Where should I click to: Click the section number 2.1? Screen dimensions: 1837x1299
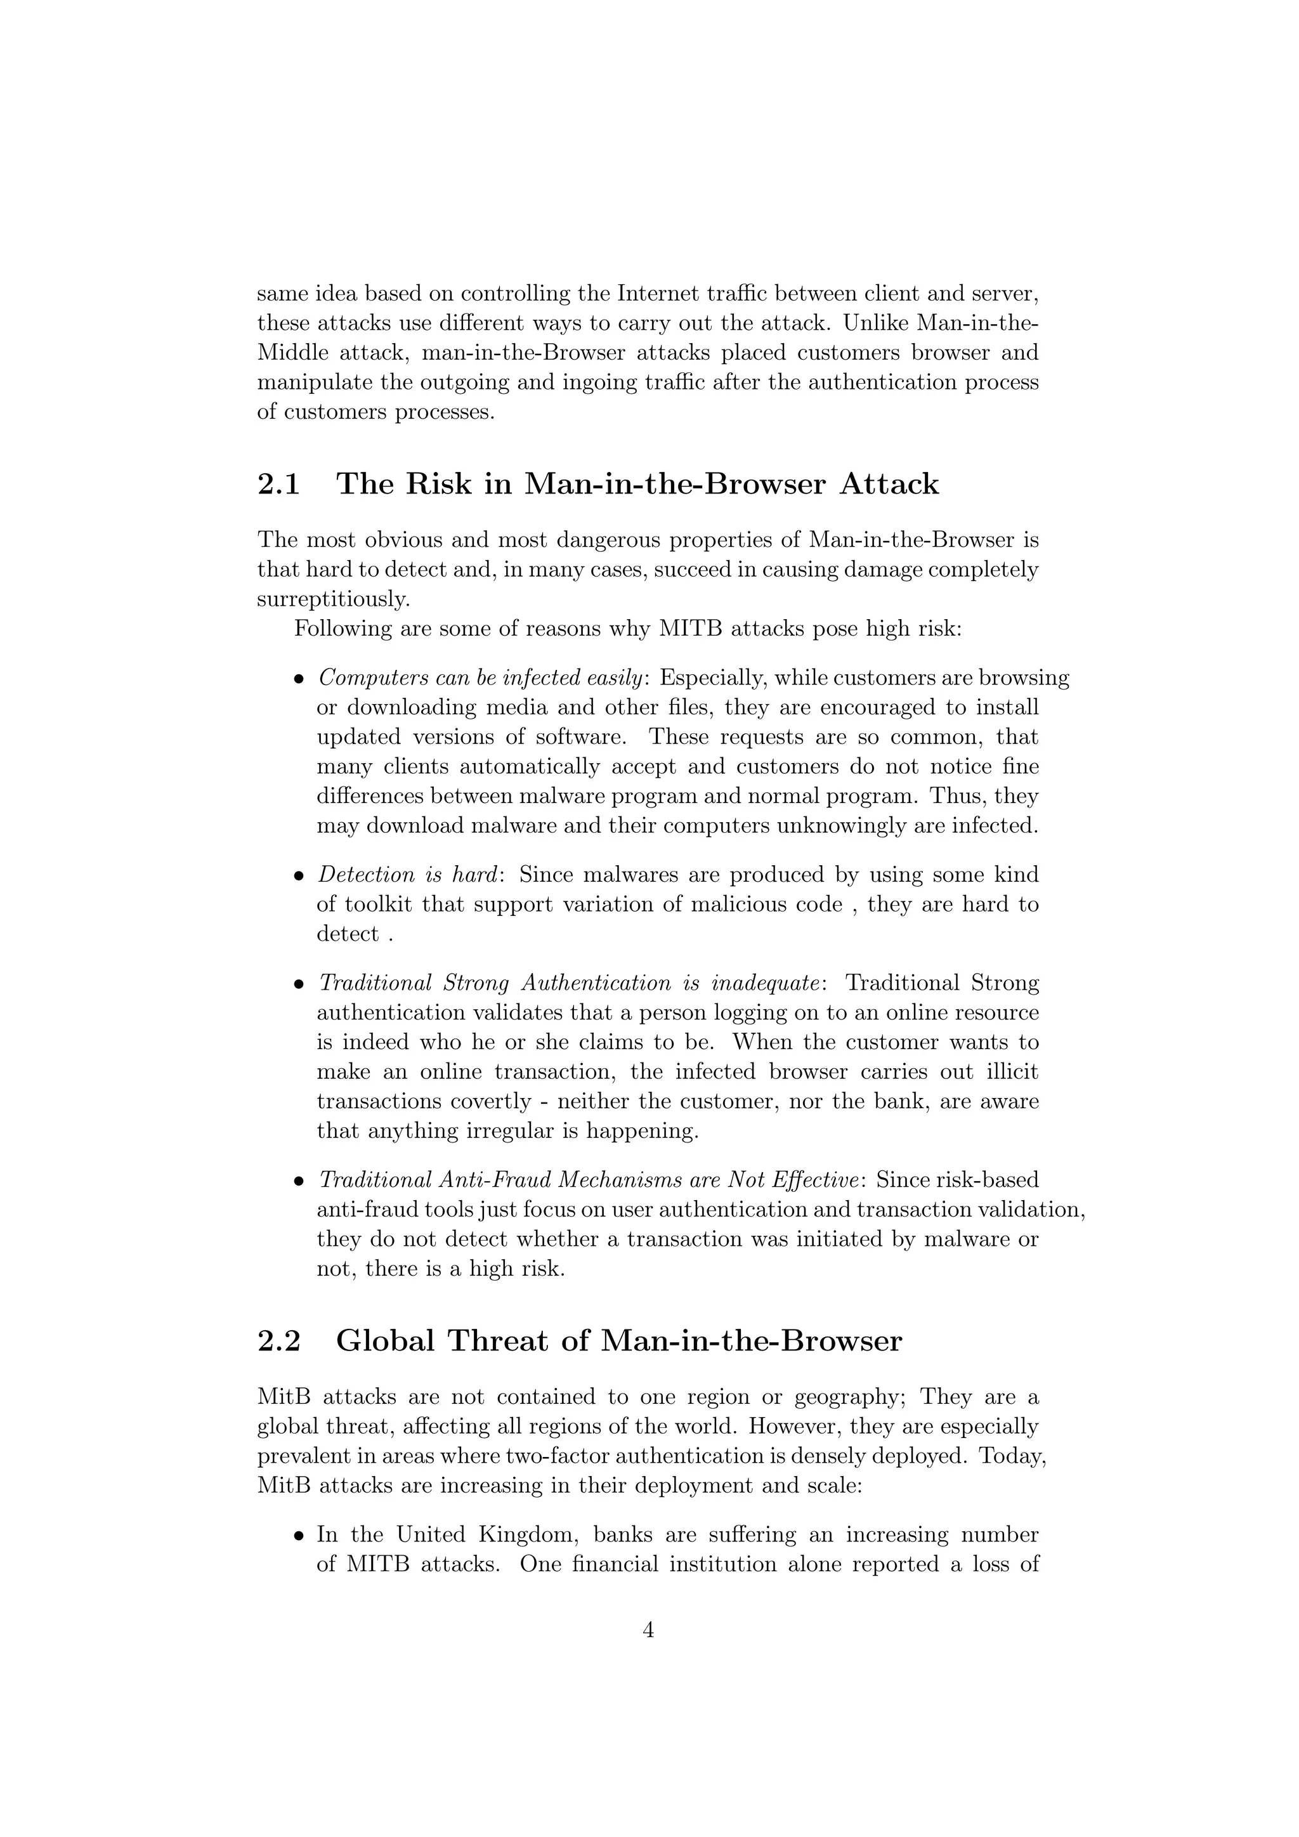(x=278, y=484)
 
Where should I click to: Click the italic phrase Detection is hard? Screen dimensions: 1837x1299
(x=410, y=875)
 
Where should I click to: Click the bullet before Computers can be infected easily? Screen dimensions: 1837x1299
(x=299, y=679)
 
